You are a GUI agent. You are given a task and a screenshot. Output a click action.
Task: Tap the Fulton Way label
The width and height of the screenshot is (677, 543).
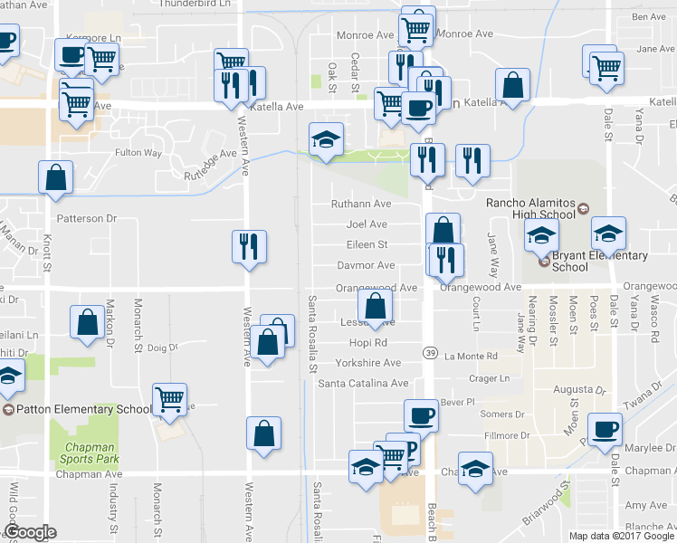click(x=138, y=153)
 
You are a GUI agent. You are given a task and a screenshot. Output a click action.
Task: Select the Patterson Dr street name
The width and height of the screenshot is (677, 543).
click(x=87, y=218)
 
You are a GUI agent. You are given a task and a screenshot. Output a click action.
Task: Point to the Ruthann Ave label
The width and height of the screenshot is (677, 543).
click(x=360, y=204)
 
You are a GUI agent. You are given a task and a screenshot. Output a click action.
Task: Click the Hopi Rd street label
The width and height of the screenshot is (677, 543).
click(x=368, y=343)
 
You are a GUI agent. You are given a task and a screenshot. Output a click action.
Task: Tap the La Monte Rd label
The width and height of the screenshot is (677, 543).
click(x=471, y=356)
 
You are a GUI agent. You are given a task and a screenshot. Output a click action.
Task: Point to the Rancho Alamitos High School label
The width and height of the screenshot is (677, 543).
click(x=530, y=208)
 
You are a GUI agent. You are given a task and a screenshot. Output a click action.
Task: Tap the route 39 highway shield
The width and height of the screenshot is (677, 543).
click(x=430, y=350)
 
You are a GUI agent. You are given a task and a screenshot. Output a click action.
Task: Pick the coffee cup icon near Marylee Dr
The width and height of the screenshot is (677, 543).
click(x=605, y=427)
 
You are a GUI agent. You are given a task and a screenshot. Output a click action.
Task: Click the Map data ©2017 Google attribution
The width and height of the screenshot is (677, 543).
click(x=622, y=536)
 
